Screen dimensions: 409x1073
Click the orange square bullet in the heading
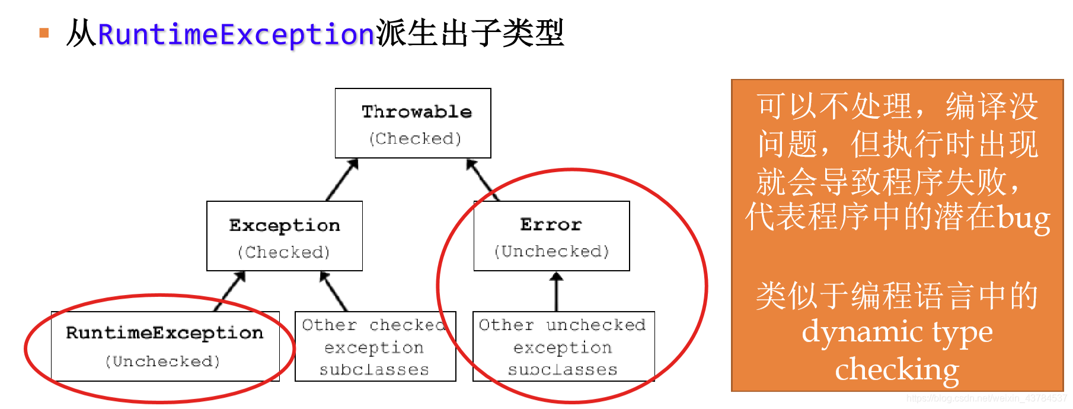44,33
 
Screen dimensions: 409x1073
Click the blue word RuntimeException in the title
236,34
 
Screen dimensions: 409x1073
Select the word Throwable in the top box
417,112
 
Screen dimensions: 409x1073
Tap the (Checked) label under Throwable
415,139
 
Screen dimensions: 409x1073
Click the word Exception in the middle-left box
285,226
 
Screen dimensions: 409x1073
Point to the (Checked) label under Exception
283,253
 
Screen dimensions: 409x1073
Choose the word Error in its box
551,224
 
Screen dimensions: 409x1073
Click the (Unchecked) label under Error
551,252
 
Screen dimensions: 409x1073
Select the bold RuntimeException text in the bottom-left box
164,333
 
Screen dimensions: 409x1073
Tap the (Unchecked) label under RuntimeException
162,362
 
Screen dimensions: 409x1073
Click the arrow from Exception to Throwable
343,179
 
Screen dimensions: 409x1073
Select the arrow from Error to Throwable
483,179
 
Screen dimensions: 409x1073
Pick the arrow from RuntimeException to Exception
230,291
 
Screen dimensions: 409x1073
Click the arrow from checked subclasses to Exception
333,291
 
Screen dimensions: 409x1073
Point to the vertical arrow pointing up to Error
556,291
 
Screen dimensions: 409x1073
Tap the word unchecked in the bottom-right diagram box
596,325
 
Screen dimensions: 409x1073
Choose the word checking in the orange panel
897,369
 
